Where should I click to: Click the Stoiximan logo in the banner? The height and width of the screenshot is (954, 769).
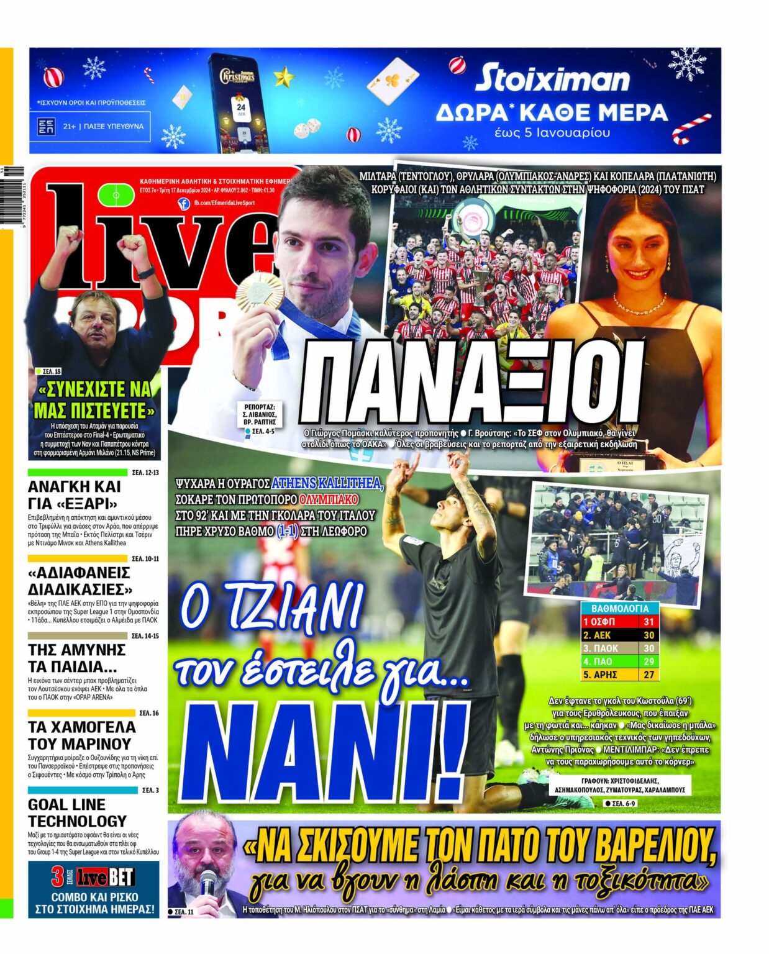552,79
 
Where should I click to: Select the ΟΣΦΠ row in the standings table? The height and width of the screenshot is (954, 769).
619,622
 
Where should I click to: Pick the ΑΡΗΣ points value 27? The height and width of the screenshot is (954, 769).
648,675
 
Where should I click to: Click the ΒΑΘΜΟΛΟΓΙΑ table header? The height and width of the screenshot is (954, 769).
619,608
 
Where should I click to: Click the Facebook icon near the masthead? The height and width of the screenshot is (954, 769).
183,203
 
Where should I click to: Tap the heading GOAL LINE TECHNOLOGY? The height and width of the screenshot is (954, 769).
77,812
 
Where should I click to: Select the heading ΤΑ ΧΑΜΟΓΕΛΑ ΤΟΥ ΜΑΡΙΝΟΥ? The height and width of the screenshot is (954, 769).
81,735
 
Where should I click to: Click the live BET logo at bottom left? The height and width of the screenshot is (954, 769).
93,878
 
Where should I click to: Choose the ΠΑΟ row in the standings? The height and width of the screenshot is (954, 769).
619,661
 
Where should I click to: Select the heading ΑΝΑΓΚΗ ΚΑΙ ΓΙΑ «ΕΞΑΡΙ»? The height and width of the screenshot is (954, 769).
75,495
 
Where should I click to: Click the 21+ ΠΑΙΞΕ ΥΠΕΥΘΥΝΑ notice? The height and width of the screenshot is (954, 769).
93,126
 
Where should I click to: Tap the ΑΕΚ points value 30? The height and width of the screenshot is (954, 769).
648,635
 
